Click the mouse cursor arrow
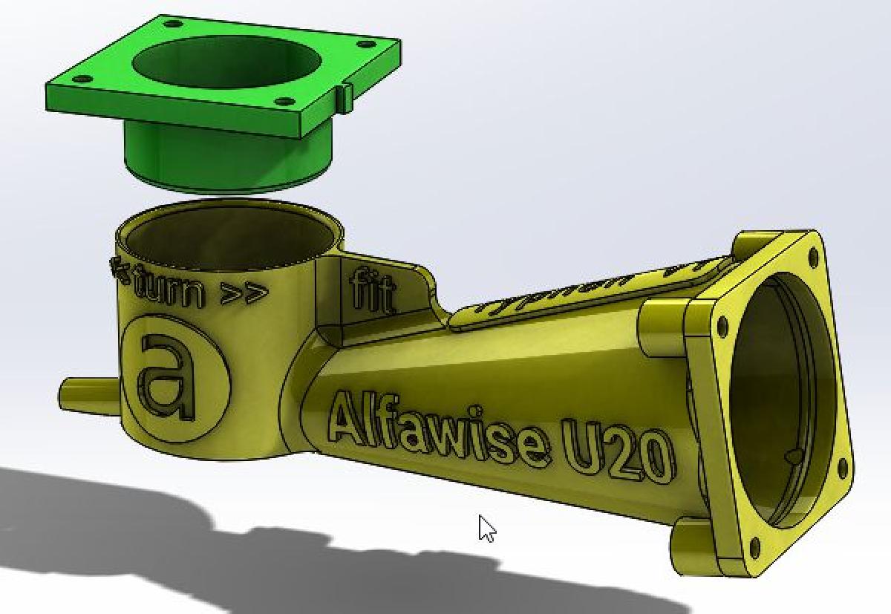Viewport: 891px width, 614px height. [x=486, y=528]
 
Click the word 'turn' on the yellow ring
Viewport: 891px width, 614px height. [x=169, y=289]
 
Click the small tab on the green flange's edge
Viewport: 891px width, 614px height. [x=346, y=97]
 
